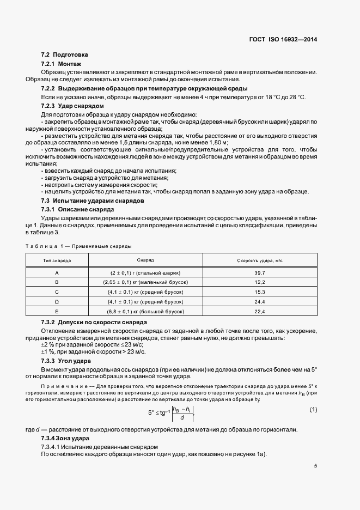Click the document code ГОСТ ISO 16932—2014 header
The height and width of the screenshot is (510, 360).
pos(283,40)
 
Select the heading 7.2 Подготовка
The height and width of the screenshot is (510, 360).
pos(64,56)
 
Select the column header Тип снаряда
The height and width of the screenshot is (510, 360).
pos(57,261)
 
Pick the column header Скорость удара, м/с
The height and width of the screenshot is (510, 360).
pos(259,261)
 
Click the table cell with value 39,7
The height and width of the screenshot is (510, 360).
pos(259,272)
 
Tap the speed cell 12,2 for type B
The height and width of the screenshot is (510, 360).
pos(259,282)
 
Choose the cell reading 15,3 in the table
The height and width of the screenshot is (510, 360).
pos(259,292)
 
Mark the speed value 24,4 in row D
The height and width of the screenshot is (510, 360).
pos(259,302)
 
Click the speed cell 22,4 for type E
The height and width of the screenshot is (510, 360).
pos(259,312)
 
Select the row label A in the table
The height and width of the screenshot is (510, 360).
pos(57,272)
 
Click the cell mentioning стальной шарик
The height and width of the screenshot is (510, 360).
pos(145,272)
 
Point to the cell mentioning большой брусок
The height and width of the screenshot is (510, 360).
pos(145,312)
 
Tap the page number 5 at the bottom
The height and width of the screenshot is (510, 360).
pos(315,466)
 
